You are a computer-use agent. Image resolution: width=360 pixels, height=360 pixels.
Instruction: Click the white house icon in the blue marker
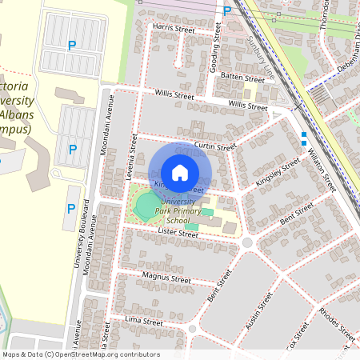180,173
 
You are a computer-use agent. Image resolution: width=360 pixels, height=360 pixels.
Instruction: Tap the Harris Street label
174,29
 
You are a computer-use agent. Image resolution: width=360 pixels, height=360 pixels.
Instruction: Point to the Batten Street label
242,79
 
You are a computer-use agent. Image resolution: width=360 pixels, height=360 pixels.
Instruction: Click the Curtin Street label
215,146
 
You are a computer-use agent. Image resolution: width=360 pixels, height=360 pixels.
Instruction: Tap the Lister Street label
177,234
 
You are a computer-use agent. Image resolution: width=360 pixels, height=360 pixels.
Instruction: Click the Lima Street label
145,321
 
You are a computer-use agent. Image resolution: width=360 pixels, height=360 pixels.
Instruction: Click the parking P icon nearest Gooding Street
227,10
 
